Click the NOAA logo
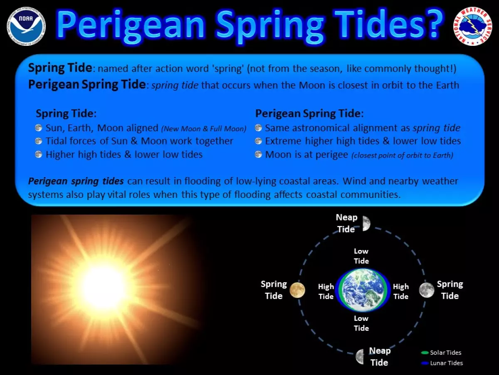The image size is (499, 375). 26,26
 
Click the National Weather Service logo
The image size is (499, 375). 473,26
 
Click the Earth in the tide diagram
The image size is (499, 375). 363,290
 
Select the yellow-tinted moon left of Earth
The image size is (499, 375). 297,290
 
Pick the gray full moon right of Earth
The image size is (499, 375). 427,290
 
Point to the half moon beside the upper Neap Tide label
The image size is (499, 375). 366,223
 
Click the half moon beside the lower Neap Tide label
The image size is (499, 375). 360,357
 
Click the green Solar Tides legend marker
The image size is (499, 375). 425,352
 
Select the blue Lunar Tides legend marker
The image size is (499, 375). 425,363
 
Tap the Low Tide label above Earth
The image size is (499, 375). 361,256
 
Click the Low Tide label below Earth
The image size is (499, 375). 361,323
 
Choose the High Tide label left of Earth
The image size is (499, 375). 326,291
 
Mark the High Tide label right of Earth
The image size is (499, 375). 401,291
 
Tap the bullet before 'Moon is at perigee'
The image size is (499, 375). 258,154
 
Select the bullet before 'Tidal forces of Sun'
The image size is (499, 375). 39,141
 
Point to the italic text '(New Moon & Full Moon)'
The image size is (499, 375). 204,129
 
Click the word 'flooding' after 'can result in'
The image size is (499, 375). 203,182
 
